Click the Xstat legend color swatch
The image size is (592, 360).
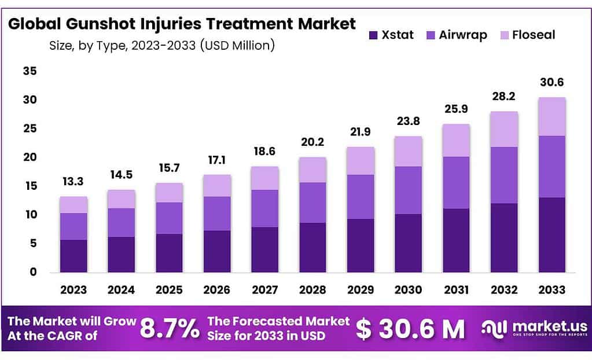[373, 35]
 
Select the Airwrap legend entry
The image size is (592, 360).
[462, 35]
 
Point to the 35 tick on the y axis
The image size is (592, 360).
[30, 71]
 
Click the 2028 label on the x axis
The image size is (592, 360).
[312, 289]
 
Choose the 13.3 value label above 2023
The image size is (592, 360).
[73, 182]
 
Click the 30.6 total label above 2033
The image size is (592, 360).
[551, 83]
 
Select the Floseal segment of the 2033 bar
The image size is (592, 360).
[551, 116]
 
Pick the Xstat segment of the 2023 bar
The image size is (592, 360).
[73, 256]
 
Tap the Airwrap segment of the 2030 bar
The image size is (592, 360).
[409, 190]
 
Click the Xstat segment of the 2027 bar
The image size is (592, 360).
[265, 249]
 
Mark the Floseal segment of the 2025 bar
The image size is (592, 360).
[169, 193]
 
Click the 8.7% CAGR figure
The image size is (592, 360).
[170, 329]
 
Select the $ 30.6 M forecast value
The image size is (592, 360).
[410, 329]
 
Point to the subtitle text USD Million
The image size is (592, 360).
[237, 45]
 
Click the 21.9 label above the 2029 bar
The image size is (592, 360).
[361, 133]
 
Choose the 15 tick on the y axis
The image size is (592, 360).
[30, 186]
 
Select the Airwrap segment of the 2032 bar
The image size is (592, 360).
[504, 175]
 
